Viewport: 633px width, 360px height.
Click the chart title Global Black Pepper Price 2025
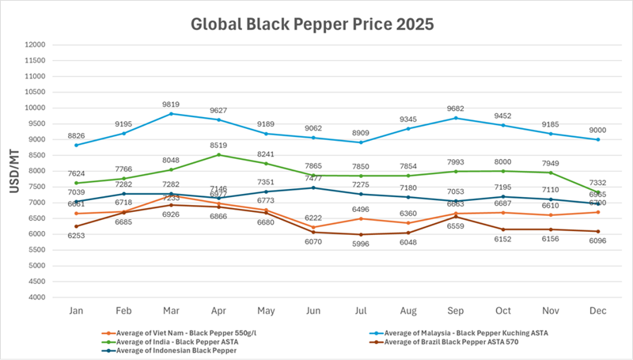[312, 24]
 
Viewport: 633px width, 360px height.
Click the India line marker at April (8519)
[217, 154]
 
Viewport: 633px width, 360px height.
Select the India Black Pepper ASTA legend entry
[167, 342]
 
